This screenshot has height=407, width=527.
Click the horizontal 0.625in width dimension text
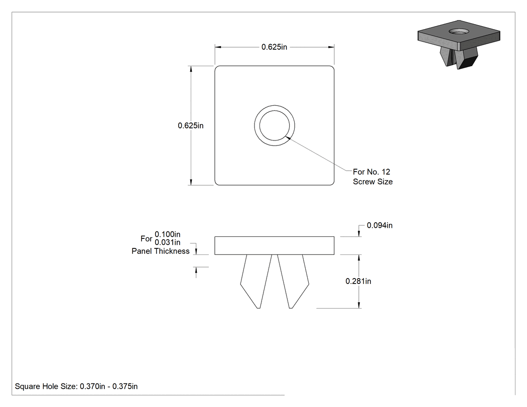(274, 47)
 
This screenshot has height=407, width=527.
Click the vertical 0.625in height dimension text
(191, 125)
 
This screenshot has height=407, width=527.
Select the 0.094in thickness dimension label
(379, 225)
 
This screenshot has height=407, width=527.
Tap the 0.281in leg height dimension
(358, 282)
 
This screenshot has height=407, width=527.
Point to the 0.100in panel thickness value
(167, 234)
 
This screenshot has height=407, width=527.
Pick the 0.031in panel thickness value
(167, 242)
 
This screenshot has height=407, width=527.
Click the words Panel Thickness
(161, 251)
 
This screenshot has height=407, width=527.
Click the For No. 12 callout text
(371, 172)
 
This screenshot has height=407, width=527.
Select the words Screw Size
(373, 182)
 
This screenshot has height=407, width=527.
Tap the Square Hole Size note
(76, 386)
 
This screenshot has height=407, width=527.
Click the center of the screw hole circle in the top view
(275, 125)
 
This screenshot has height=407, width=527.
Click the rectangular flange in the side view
(274, 246)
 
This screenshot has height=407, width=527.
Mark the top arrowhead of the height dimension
(191, 69)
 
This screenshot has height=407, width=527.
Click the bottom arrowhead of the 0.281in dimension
(359, 305)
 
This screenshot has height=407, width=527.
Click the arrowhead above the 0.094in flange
(359, 233)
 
